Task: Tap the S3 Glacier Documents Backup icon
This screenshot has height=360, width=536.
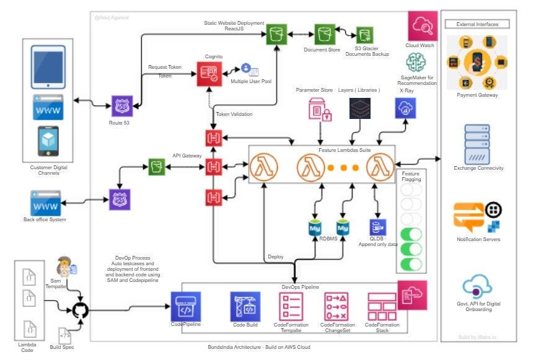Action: (364, 35)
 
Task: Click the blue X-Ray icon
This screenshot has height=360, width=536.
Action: (406, 108)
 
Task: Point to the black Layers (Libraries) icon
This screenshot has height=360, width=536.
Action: (360, 108)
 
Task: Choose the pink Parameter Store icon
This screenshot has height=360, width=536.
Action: (320, 108)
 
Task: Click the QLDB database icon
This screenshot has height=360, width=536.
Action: (377, 227)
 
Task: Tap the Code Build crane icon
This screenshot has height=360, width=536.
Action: (245, 307)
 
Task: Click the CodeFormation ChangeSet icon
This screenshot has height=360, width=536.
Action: (337, 307)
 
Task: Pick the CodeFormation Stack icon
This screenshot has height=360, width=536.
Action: (382, 307)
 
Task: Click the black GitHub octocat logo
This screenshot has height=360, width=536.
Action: (80, 310)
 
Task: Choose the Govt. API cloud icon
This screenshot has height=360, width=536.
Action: (477, 287)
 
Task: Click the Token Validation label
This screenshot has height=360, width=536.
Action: (234, 114)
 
